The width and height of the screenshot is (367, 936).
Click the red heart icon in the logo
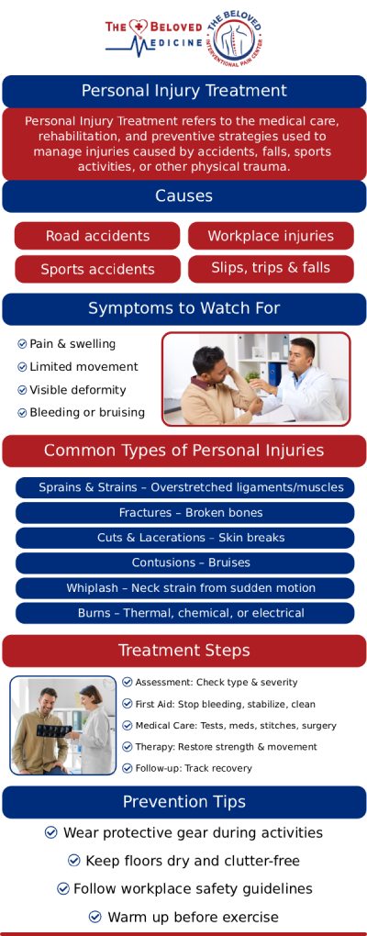click(139, 27)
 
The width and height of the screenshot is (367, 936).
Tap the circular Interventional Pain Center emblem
click(235, 37)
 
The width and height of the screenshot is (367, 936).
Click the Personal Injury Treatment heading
click(183, 91)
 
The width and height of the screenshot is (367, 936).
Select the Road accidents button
click(97, 236)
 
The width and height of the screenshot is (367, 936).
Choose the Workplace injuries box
click(271, 236)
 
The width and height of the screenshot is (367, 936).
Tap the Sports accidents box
click(97, 269)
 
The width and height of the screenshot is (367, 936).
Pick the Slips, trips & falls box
click(271, 268)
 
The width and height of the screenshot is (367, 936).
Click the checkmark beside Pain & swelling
click(22, 344)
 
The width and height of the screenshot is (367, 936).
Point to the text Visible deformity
click(78, 390)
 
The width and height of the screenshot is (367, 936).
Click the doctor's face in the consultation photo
click(303, 358)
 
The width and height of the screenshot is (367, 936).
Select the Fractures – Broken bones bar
click(184, 513)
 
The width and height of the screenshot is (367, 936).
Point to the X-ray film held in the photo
click(54, 730)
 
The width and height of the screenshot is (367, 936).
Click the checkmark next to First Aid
click(128, 704)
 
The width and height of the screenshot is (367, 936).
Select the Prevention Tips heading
click(183, 802)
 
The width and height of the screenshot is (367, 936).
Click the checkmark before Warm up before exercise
click(95, 917)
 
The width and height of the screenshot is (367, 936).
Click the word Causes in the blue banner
click(183, 195)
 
